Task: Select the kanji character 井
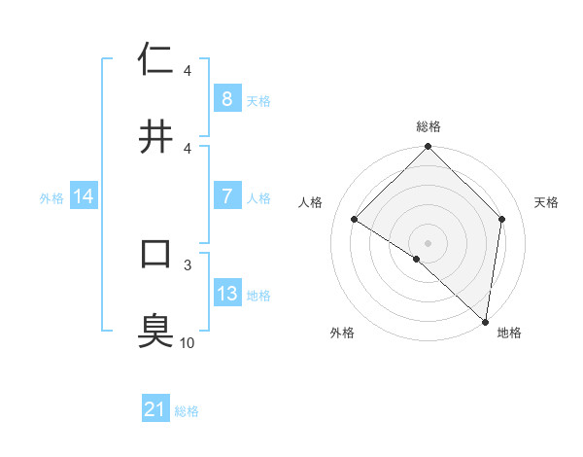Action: pyautogui.click(x=155, y=136)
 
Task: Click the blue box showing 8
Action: pyautogui.click(x=226, y=99)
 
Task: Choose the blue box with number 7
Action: pyautogui.click(x=226, y=196)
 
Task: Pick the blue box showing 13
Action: pyautogui.click(x=226, y=294)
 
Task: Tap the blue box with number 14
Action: pyautogui.click(x=84, y=196)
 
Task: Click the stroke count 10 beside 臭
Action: pyautogui.click(x=188, y=342)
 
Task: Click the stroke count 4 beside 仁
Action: pyautogui.click(x=188, y=71)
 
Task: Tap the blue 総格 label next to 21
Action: pyautogui.click(x=187, y=411)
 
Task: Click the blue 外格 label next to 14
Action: pyautogui.click(x=51, y=197)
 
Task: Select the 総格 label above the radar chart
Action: pyautogui.click(x=429, y=126)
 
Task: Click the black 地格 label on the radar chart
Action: pyautogui.click(x=509, y=333)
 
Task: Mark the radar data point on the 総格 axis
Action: pyautogui.click(x=429, y=148)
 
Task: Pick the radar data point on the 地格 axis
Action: pyautogui.click(x=485, y=321)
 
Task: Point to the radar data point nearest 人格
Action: pyautogui.click(x=355, y=220)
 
